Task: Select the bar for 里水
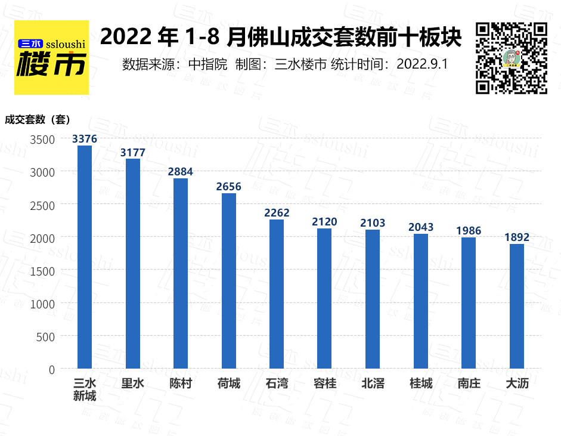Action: click(133, 263)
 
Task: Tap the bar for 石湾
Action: click(277, 293)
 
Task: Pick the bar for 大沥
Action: click(517, 305)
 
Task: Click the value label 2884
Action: click(181, 172)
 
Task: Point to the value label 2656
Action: click(229, 187)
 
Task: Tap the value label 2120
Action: click(324, 222)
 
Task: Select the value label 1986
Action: click(469, 231)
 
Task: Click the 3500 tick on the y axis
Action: click(43, 139)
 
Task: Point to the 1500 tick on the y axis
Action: click(43, 271)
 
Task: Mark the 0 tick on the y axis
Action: click(51, 370)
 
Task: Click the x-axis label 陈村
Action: click(181, 384)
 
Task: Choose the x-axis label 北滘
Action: click(373, 384)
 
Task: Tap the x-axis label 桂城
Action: click(421, 384)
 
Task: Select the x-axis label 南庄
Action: click(469, 384)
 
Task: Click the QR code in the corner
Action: click(511, 58)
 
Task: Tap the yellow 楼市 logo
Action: click(51, 58)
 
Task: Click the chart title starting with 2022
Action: click(281, 38)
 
